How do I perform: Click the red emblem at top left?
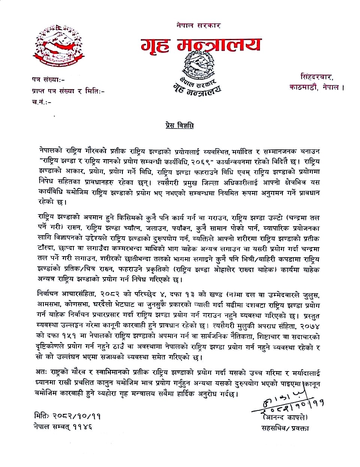click(x=59, y=46)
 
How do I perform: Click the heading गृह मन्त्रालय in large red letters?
click(x=201, y=45)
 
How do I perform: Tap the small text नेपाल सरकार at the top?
click(x=199, y=25)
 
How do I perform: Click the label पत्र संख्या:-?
click(x=48, y=79)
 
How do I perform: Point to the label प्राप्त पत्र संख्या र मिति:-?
click(x=68, y=91)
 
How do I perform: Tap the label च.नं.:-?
click(x=42, y=102)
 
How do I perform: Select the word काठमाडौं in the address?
click(x=303, y=87)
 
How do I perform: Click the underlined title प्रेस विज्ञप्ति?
click(x=179, y=125)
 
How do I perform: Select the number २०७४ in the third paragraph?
click(x=309, y=326)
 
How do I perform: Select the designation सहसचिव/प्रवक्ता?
click(x=285, y=428)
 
